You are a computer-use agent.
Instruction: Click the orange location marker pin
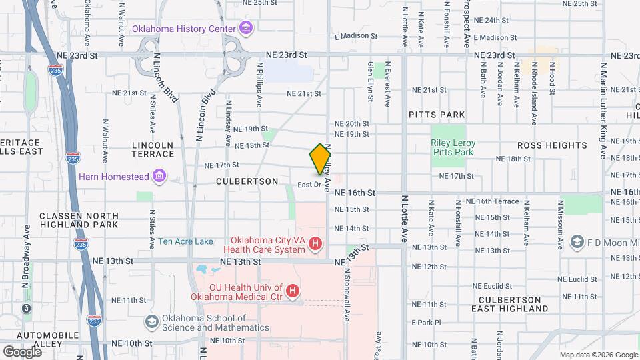pyautogui.click(x=320, y=159)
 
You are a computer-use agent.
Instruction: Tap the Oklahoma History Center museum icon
pyautogui.click(x=246, y=29)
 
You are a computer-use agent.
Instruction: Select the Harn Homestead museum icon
pyautogui.click(x=159, y=177)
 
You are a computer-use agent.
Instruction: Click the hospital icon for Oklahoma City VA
pyautogui.click(x=315, y=245)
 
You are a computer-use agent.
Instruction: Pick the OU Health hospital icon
pyautogui.click(x=292, y=291)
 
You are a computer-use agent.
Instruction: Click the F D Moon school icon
pyautogui.click(x=577, y=241)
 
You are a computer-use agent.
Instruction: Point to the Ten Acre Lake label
pyautogui.click(x=186, y=241)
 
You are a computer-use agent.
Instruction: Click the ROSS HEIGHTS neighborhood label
pyautogui.click(x=553, y=145)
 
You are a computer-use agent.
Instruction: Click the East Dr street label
pyautogui.click(x=309, y=184)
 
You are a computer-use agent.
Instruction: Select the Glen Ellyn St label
pyautogui.click(x=371, y=82)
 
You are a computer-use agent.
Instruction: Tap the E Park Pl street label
pyautogui.click(x=427, y=323)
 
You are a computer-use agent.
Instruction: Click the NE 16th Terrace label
pyautogui.click(x=492, y=201)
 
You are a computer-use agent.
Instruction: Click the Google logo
pyautogui.click(x=22, y=351)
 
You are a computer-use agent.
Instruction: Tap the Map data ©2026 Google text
pyautogui.click(x=597, y=355)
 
